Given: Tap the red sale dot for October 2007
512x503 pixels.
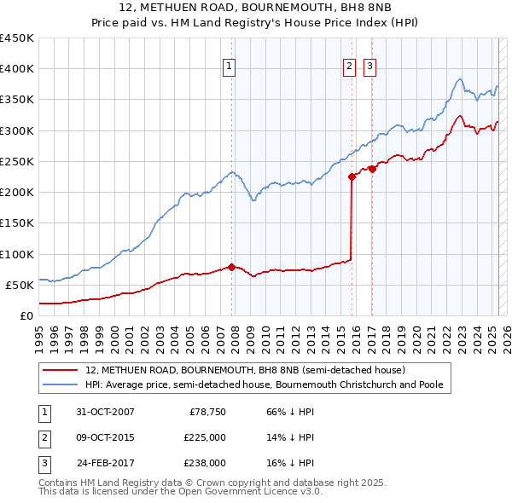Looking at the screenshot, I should pyautogui.click(x=231, y=267).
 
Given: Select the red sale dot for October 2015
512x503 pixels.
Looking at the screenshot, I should pyautogui.click(x=352, y=177).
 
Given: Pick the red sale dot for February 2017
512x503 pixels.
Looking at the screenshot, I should pyautogui.click(x=372, y=169).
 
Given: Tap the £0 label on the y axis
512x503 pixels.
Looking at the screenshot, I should pyautogui.click(x=26, y=315).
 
